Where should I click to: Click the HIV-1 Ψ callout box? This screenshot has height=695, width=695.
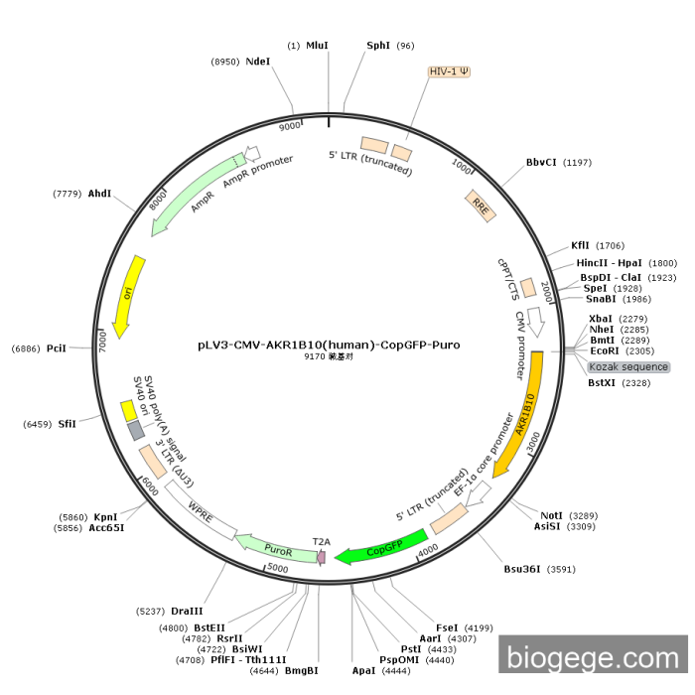[x=450, y=71]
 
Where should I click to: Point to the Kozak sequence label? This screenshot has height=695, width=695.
[x=628, y=367]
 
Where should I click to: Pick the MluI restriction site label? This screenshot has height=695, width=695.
[x=317, y=46]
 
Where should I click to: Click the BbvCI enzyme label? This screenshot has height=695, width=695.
[x=541, y=162]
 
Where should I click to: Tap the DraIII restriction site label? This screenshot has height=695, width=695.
[x=188, y=610]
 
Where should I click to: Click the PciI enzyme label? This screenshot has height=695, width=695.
[x=56, y=348]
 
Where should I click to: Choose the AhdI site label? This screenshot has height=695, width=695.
[x=99, y=194]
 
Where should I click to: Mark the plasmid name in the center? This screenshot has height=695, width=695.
[x=329, y=346]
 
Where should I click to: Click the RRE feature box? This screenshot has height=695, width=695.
[x=481, y=205]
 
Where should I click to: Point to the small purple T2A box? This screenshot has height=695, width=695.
[x=321, y=557]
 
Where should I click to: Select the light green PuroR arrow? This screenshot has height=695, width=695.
[x=273, y=546]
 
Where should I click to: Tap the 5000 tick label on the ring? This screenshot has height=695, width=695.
[x=278, y=569]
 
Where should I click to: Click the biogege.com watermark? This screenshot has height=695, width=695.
[x=592, y=657]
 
